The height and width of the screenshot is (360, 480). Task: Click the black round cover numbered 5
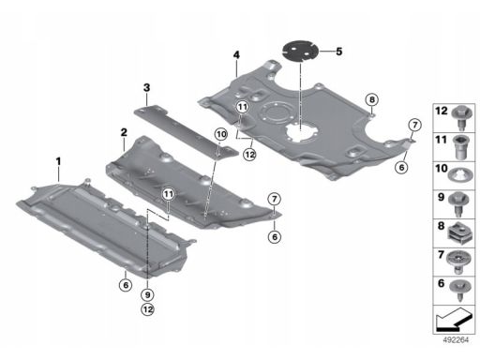300,51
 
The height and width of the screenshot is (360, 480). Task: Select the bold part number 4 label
236,55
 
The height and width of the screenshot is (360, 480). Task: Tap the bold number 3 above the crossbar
146,88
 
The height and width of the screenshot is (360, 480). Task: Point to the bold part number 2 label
124,132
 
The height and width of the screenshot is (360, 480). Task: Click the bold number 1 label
58,161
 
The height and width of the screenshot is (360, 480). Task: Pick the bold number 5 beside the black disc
339,52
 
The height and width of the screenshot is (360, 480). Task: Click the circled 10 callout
221,135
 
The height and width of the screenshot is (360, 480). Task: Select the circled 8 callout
371,99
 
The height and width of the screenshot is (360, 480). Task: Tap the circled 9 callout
147,294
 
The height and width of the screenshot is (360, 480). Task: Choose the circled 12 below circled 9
147,309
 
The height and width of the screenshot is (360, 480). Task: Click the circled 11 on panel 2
169,194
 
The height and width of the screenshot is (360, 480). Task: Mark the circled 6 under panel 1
126,285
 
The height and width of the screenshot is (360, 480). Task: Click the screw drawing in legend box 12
462,118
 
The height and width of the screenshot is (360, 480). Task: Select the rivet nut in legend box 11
461,147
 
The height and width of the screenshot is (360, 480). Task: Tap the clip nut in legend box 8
459,233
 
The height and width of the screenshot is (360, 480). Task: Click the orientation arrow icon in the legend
454,320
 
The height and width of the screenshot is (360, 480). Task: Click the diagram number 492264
456,340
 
